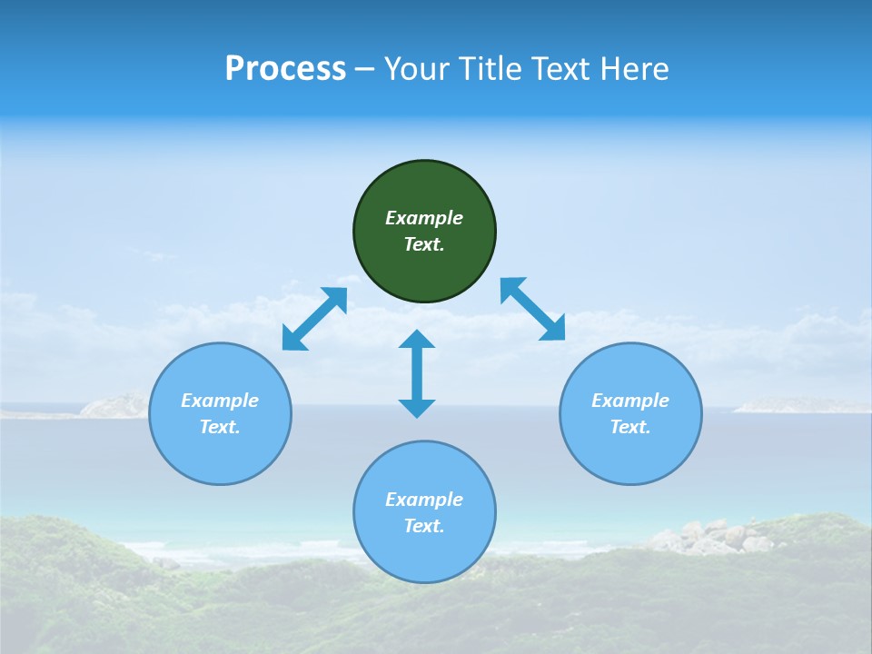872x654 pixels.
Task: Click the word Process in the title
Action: (285, 69)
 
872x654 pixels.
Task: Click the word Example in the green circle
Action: (424, 218)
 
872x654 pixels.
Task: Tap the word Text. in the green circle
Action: (424, 244)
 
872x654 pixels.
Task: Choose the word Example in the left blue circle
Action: (220, 401)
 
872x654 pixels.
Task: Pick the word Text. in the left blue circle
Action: (220, 427)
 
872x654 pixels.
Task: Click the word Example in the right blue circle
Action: (630, 401)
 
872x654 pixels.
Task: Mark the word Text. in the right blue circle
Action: (630, 427)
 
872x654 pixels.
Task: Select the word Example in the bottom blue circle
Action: (424, 500)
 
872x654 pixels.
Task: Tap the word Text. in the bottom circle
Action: (424, 526)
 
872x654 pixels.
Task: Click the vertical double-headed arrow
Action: (417, 373)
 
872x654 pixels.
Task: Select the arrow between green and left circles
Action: (314, 319)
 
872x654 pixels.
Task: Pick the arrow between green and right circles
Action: (532, 309)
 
